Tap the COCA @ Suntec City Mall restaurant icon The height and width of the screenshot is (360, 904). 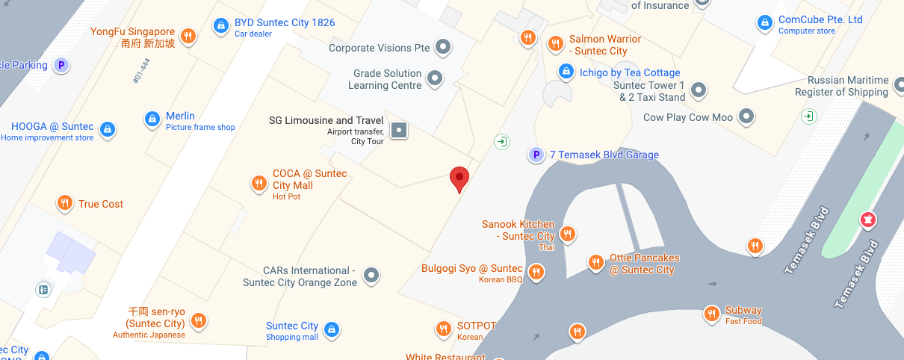[x=258, y=183]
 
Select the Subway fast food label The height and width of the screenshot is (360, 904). [x=743, y=310]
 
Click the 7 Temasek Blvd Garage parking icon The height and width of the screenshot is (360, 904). [x=535, y=155]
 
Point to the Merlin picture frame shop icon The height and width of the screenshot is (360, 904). [x=152, y=119]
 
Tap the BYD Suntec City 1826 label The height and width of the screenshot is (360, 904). [x=285, y=22]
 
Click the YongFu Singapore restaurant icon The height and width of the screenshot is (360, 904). [x=188, y=35]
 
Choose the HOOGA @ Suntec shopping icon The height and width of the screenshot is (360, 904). [x=108, y=129]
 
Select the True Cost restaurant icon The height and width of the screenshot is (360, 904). [x=65, y=203]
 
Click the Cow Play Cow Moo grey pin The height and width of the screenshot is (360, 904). [x=746, y=117]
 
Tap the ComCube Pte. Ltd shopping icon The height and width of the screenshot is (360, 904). [x=764, y=23]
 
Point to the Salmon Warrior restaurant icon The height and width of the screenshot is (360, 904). [x=555, y=43]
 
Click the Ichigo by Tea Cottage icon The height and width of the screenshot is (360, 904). [x=566, y=72]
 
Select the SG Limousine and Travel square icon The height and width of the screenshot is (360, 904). [x=400, y=130]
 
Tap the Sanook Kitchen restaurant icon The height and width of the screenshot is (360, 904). [x=568, y=235]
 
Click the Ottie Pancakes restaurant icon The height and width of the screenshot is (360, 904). [x=595, y=262]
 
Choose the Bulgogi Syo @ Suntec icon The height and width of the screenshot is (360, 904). [x=536, y=272]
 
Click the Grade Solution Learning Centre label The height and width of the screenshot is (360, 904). [x=388, y=79]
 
